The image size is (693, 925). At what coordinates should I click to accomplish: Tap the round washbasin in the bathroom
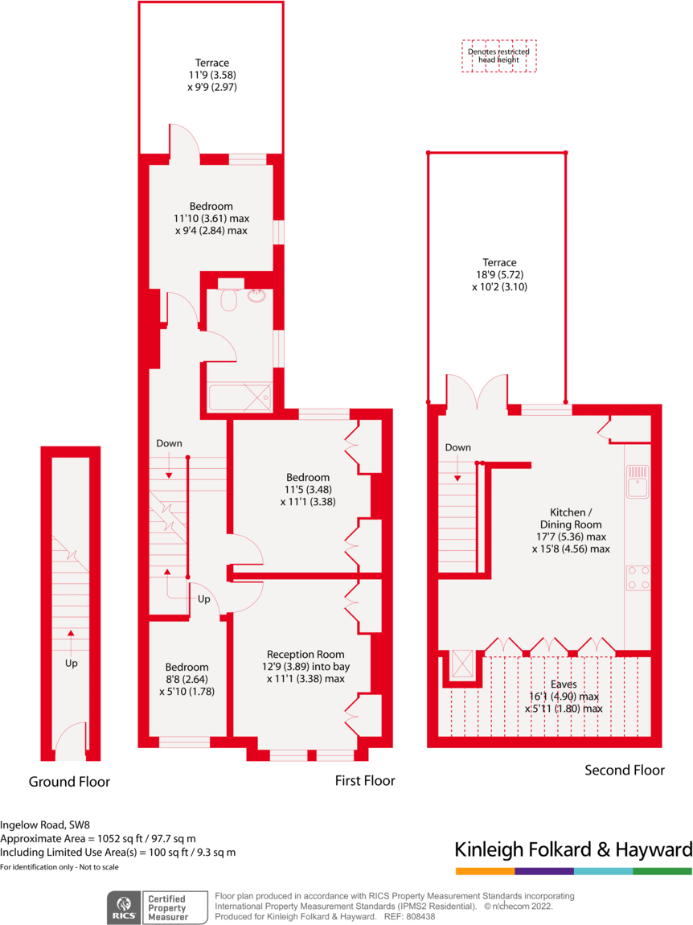click(x=257, y=295)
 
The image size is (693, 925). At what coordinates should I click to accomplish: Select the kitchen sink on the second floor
click(x=639, y=482)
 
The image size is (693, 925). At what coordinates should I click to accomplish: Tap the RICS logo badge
click(x=124, y=907)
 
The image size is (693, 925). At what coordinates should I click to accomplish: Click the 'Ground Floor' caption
click(x=69, y=782)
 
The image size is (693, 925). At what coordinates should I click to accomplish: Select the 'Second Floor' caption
click(x=625, y=771)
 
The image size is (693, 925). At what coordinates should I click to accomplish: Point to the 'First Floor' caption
click(x=365, y=781)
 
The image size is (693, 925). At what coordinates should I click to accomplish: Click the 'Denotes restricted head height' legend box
click(x=498, y=56)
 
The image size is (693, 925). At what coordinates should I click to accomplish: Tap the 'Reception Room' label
click(x=305, y=654)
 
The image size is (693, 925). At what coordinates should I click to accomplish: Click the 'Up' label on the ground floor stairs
click(x=72, y=664)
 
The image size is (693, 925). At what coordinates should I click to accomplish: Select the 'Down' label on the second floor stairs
click(x=457, y=447)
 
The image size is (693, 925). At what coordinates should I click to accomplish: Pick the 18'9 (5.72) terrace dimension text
click(x=499, y=274)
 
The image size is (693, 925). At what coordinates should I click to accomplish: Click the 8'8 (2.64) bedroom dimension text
click(x=187, y=679)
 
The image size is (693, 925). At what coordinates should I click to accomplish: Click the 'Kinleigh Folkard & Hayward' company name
click(x=573, y=849)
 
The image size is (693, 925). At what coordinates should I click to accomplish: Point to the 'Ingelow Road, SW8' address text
click(x=45, y=824)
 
